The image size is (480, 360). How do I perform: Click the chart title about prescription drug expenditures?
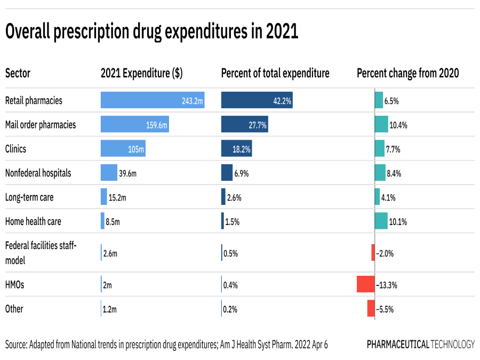(151, 33)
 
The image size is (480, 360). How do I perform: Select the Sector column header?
(18, 74)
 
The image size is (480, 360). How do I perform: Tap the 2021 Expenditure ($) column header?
(141, 74)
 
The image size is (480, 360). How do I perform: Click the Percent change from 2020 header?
(408, 74)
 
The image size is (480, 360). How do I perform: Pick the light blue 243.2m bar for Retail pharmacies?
(153, 100)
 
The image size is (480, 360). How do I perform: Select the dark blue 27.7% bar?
(244, 125)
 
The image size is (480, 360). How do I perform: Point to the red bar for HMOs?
(366, 285)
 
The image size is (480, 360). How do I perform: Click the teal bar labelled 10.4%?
(381, 125)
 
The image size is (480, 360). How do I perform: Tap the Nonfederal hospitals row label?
(38, 173)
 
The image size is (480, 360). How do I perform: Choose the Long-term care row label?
(29, 197)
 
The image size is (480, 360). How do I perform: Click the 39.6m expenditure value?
(128, 173)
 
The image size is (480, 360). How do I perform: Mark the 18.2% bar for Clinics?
(236, 149)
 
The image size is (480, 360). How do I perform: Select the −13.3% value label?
(387, 285)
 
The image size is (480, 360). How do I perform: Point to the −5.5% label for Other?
(385, 309)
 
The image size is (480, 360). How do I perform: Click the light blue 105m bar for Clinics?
(123, 149)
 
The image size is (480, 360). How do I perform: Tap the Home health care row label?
(33, 221)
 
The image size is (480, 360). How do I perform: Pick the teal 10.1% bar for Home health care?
(381, 221)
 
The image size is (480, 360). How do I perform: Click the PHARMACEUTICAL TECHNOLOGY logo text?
(420, 345)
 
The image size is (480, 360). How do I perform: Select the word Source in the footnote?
(17, 345)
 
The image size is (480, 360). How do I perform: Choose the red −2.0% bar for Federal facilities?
(373, 253)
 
